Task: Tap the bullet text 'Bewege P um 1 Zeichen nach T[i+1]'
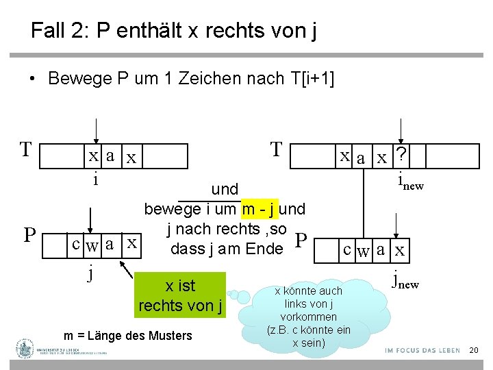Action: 191,79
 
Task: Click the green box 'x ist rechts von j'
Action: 181,295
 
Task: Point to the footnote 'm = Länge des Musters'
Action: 128,336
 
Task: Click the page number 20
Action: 473,351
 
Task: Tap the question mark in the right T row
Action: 401,156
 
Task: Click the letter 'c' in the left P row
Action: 78,244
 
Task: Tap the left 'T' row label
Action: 25,149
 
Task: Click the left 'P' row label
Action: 29,236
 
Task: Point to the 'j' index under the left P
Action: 90,272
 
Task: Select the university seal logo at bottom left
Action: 25,349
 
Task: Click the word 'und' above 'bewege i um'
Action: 225,189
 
